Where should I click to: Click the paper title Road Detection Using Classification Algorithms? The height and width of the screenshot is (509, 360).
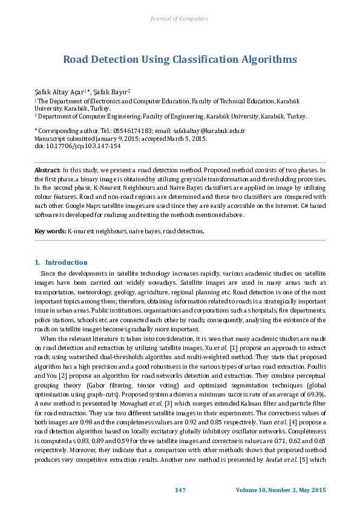point(180,59)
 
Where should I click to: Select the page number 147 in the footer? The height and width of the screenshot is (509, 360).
point(180,490)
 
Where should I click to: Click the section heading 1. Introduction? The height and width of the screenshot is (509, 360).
point(61,262)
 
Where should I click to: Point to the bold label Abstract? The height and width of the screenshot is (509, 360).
point(48,170)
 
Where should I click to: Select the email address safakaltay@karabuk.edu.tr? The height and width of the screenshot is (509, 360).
point(215,131)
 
